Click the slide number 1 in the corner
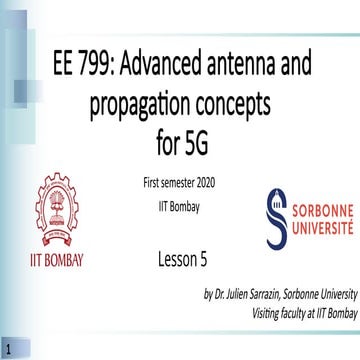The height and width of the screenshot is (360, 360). tap(8, 349)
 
